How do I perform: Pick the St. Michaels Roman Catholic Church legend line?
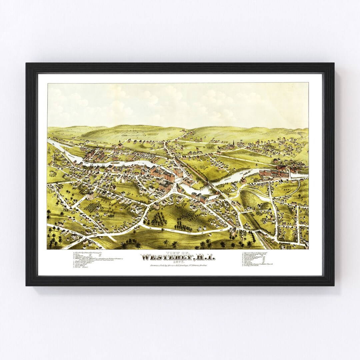(x=258, y=264)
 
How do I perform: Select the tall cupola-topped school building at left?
(x=90, y=195)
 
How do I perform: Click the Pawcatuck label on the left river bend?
(x=71, y=155)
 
